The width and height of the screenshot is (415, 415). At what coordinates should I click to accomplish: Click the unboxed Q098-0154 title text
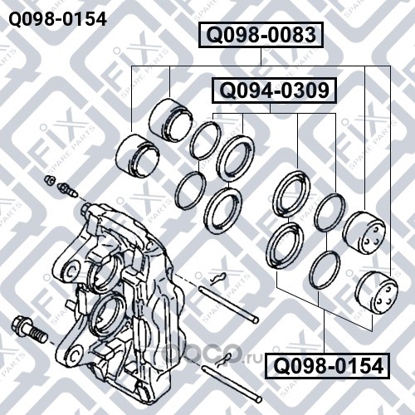click(x=58, y=19)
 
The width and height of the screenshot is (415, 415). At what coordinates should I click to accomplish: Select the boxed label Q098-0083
click(x=261, y=35)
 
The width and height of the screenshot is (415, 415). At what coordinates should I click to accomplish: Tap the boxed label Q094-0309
click(x=274, y=90)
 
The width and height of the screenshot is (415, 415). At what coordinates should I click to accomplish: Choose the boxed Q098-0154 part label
click(x=327, y=366)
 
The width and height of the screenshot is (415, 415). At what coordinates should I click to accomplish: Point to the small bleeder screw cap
click(x=50, y=179)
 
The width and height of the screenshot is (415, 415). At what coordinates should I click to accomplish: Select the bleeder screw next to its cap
click(x=66, y=190)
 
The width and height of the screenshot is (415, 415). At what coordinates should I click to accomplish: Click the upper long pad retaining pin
click(x=228, y=305)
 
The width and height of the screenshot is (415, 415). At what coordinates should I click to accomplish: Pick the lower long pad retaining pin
click(x=232, y=383)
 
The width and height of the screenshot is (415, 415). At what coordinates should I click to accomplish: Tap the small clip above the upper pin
click(x=218, y=278)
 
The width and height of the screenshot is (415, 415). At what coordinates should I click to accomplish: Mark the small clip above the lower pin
click(x=223, y=359)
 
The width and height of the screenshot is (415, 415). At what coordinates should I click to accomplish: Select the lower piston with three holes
click(x=376, y=293)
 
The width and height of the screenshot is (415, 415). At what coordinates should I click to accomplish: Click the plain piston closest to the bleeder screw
click(x=138, y=156)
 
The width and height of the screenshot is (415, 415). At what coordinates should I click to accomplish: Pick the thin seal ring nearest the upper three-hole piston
click(x=330, y=212)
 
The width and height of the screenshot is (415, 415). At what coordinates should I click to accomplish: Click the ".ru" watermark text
click(x=252, y=359)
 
